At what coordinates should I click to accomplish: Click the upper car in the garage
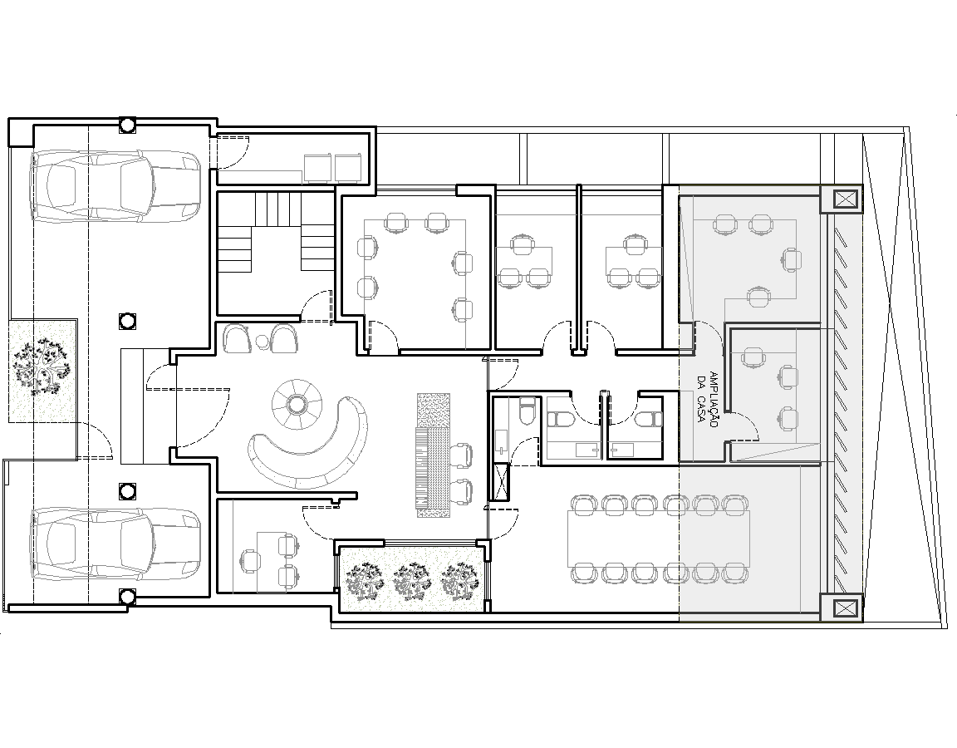pyautogui.click(x=115, y=185)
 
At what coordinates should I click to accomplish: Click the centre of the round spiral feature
pyautogui.click(x=295, y=404)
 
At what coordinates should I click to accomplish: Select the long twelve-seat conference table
pyautogui.click(x=659, y=539)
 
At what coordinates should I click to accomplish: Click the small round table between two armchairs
pyautogui.click(x=262, y=340)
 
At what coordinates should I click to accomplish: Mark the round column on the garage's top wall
pyautogui.click(x=127, y=125)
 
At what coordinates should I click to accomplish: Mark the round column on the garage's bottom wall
pyautogui.click(x=127, y=596)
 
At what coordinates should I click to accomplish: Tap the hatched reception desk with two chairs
pyautogui.click(x=433, y=455)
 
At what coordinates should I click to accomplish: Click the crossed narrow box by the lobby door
pyautogui.click(x=501, y=481)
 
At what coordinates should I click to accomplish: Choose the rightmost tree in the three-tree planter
pyautogui.click(x=459, y=580)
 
